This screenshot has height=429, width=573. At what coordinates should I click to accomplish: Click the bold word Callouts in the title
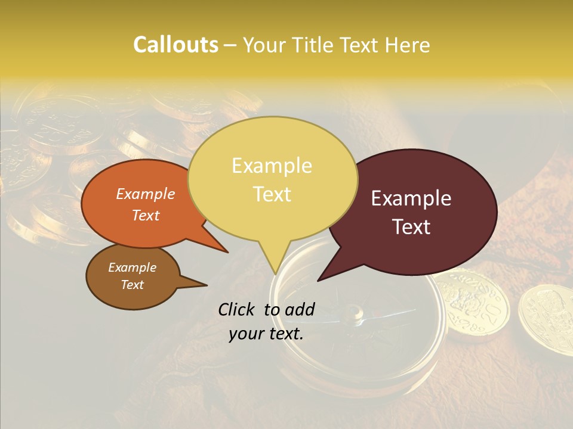point(175,45)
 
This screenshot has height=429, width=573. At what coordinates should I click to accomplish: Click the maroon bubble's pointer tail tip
point(319,280)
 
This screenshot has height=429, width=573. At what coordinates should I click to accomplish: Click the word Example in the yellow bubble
point(272,166)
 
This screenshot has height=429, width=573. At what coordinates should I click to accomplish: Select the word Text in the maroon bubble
point(412,227)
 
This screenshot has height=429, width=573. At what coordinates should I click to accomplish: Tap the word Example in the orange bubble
point(145,194)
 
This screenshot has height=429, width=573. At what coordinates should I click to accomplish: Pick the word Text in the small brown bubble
point(132,285)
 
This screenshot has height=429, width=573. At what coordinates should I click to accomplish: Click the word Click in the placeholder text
point(237,309)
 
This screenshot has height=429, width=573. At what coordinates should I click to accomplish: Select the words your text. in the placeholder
point(266,334)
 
